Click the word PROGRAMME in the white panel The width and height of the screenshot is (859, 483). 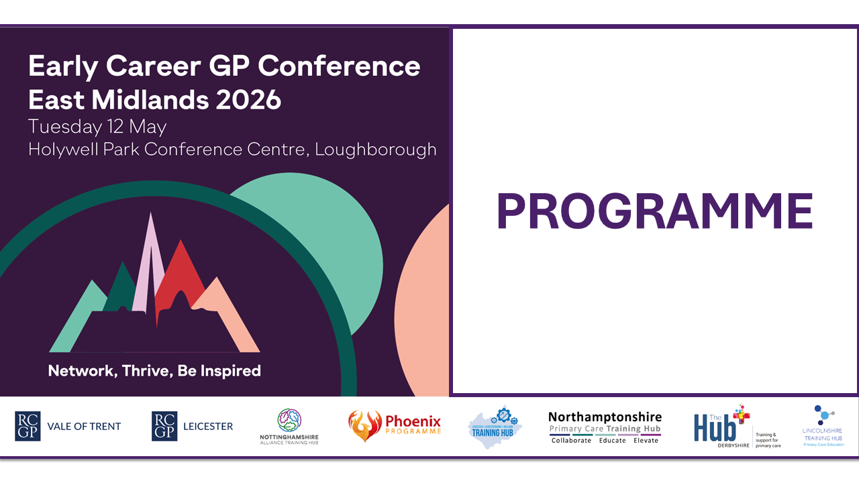[x=654, y=212]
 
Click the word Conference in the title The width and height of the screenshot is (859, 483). [x=339, y=66]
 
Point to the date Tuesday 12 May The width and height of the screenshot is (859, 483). [x=97, y=126]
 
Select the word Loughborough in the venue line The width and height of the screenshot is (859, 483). [x=376, y=148]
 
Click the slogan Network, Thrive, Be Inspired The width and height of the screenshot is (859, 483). [x=154, y=370]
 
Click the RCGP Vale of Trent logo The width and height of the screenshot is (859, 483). [x=68, y=426]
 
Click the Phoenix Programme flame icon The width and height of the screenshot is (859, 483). [x=364, y=426]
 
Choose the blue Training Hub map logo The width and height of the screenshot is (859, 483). [x=495, y=427]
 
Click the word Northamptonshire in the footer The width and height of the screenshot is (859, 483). [x=605, y=417]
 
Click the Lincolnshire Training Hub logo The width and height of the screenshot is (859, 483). [x=822, y=427]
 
